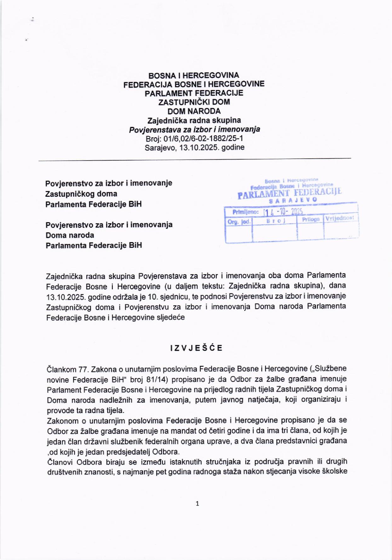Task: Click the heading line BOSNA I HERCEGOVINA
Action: (194, 76)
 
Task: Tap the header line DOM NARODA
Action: (194, 111)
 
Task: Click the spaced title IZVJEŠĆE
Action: (196, 348)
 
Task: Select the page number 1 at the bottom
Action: (197, 504)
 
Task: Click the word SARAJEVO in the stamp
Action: (293, 200)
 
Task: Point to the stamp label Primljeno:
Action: (245, 212)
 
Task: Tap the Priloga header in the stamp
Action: (310, 219)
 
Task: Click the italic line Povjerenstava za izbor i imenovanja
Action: (194, 129)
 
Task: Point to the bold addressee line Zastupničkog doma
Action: (81, 194)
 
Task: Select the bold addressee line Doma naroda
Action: (70, 235)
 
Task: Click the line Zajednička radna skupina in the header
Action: (194, 120)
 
